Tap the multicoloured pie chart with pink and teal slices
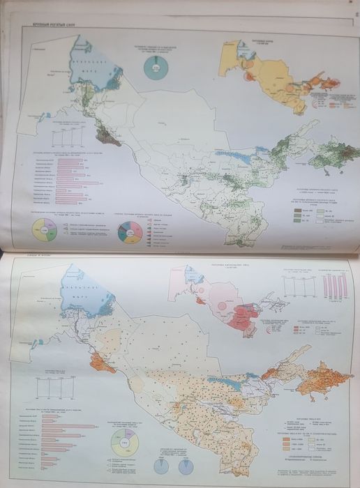coord(127,231)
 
